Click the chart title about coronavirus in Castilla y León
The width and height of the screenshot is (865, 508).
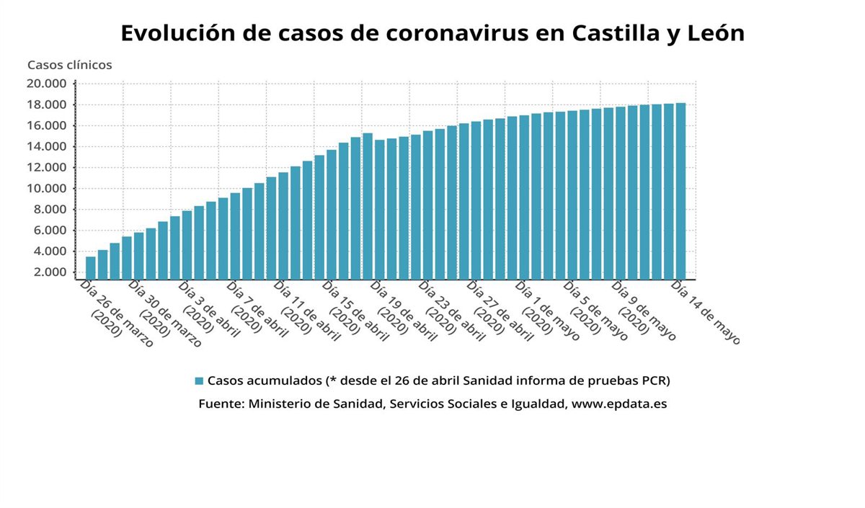(432, 34)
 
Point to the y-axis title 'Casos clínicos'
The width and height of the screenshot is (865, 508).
(70, 65)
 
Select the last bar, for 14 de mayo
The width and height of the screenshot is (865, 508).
(680, 191)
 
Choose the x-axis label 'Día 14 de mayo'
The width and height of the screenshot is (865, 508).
(705, 312)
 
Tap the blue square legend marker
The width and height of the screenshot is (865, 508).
(200, 380)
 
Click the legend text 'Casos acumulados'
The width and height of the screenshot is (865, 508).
(264, 380)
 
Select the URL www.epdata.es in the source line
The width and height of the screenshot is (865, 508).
(619, 404)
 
